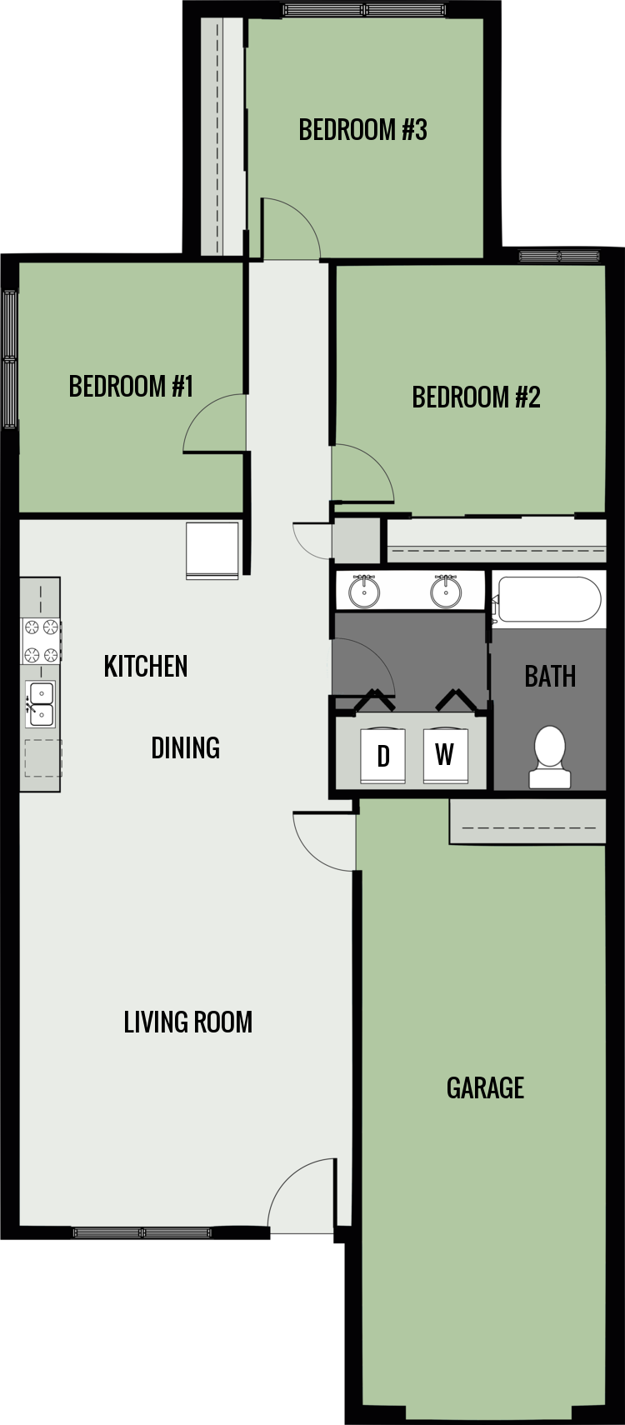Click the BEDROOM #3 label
[x=362, y=130]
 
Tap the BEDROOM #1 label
[x=131, y=387]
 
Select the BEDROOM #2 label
[x=476, y=397]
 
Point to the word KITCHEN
[x=146, y=667]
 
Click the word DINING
[x=185, y=748]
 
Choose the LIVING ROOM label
[x=187, y=1022]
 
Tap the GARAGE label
[x=485, y=1088]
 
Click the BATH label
[x=550, y=676]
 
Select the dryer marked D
[x=383, y=756]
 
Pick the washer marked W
[x=445, y=755]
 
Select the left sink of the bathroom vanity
[x=364, y=591]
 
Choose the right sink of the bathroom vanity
[x=446, y=591]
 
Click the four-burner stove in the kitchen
[x=41, y=641]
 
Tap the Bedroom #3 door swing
[x=288, y=227]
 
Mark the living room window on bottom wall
[x=142, y=1232]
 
